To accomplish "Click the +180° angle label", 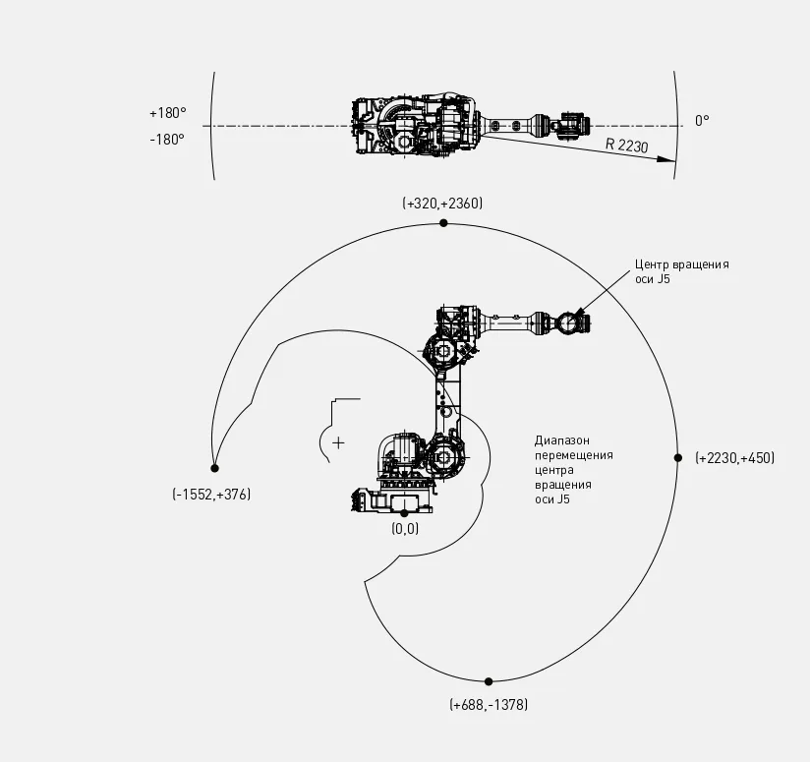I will pos(168,113).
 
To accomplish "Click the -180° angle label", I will pos(168,140).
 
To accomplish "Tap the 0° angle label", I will pos(701,121).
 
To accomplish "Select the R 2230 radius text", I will pos(626,146).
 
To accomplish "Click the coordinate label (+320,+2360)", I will pos(442,203).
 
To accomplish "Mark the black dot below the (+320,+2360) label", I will pos(443,223).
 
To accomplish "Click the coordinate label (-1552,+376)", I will pos(211,495).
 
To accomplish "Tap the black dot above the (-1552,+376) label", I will pos(214,468).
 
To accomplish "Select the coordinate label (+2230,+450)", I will pos(734,458).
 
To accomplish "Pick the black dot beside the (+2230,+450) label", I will pos(677,458).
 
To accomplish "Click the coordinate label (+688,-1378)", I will pos(489,705).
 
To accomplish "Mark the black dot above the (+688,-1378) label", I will pos(489,681).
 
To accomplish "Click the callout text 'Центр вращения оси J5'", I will pos(681,272).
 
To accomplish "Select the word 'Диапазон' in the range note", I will pos(562,440).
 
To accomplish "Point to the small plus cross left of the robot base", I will pos(338,442).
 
